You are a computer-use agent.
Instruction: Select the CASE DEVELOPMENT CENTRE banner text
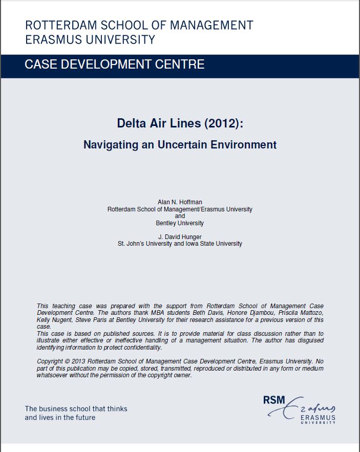(115, 64)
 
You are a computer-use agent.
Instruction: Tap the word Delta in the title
(131, 123)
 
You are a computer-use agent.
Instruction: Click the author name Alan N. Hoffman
(180, 203)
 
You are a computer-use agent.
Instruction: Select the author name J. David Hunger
(180, 237)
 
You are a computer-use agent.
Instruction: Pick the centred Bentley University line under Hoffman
(180, 223)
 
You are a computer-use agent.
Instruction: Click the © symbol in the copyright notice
(69, 361)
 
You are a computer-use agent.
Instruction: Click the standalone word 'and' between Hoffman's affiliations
(180, 216)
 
